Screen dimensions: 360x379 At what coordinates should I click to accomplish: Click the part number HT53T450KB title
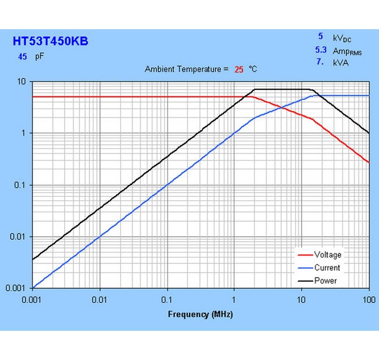coord(51,41)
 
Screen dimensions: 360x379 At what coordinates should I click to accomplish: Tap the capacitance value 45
coord(23,57)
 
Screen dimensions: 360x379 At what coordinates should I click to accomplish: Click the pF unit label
coord(40,57)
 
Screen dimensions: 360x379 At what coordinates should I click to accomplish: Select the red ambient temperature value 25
coord(239,69)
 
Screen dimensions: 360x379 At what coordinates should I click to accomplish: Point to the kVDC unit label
coord(342,38)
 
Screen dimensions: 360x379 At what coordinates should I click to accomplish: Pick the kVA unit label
coord(341,62)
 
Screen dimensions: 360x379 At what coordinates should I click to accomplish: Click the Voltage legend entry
coord(328,255)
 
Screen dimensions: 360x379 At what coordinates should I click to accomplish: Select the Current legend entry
coord(327,268)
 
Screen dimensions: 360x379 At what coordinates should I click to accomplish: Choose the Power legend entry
coord(325,281)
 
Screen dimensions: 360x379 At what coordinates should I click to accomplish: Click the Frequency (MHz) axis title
coord(201,314)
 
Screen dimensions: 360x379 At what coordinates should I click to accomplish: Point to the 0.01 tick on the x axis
coord(100,299)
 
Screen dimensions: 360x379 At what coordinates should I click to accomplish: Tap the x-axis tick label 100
coord(369,299)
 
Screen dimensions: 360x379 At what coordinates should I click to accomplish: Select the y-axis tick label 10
coord(23,82)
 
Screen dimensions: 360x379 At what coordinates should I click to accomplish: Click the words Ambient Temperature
coord(183,69)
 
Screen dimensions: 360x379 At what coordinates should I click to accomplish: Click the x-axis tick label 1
coord(234,299)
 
